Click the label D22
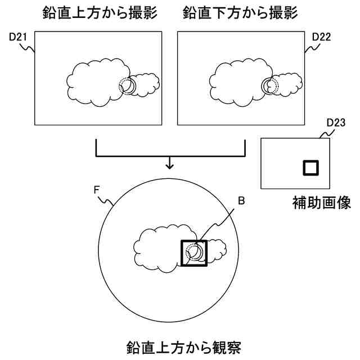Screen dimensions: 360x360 point(320,37)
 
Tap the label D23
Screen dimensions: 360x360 point(335,122)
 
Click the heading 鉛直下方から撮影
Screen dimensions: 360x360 point(239,12)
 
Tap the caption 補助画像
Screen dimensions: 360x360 point(322,202)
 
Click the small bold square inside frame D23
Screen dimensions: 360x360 point(311,168)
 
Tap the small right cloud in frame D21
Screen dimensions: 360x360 point(148,84)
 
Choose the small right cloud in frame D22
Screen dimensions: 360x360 point(291,84)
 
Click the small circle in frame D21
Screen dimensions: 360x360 point(128,85)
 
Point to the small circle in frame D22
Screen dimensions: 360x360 point(271,85)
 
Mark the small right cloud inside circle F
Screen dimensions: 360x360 point(217,249)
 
